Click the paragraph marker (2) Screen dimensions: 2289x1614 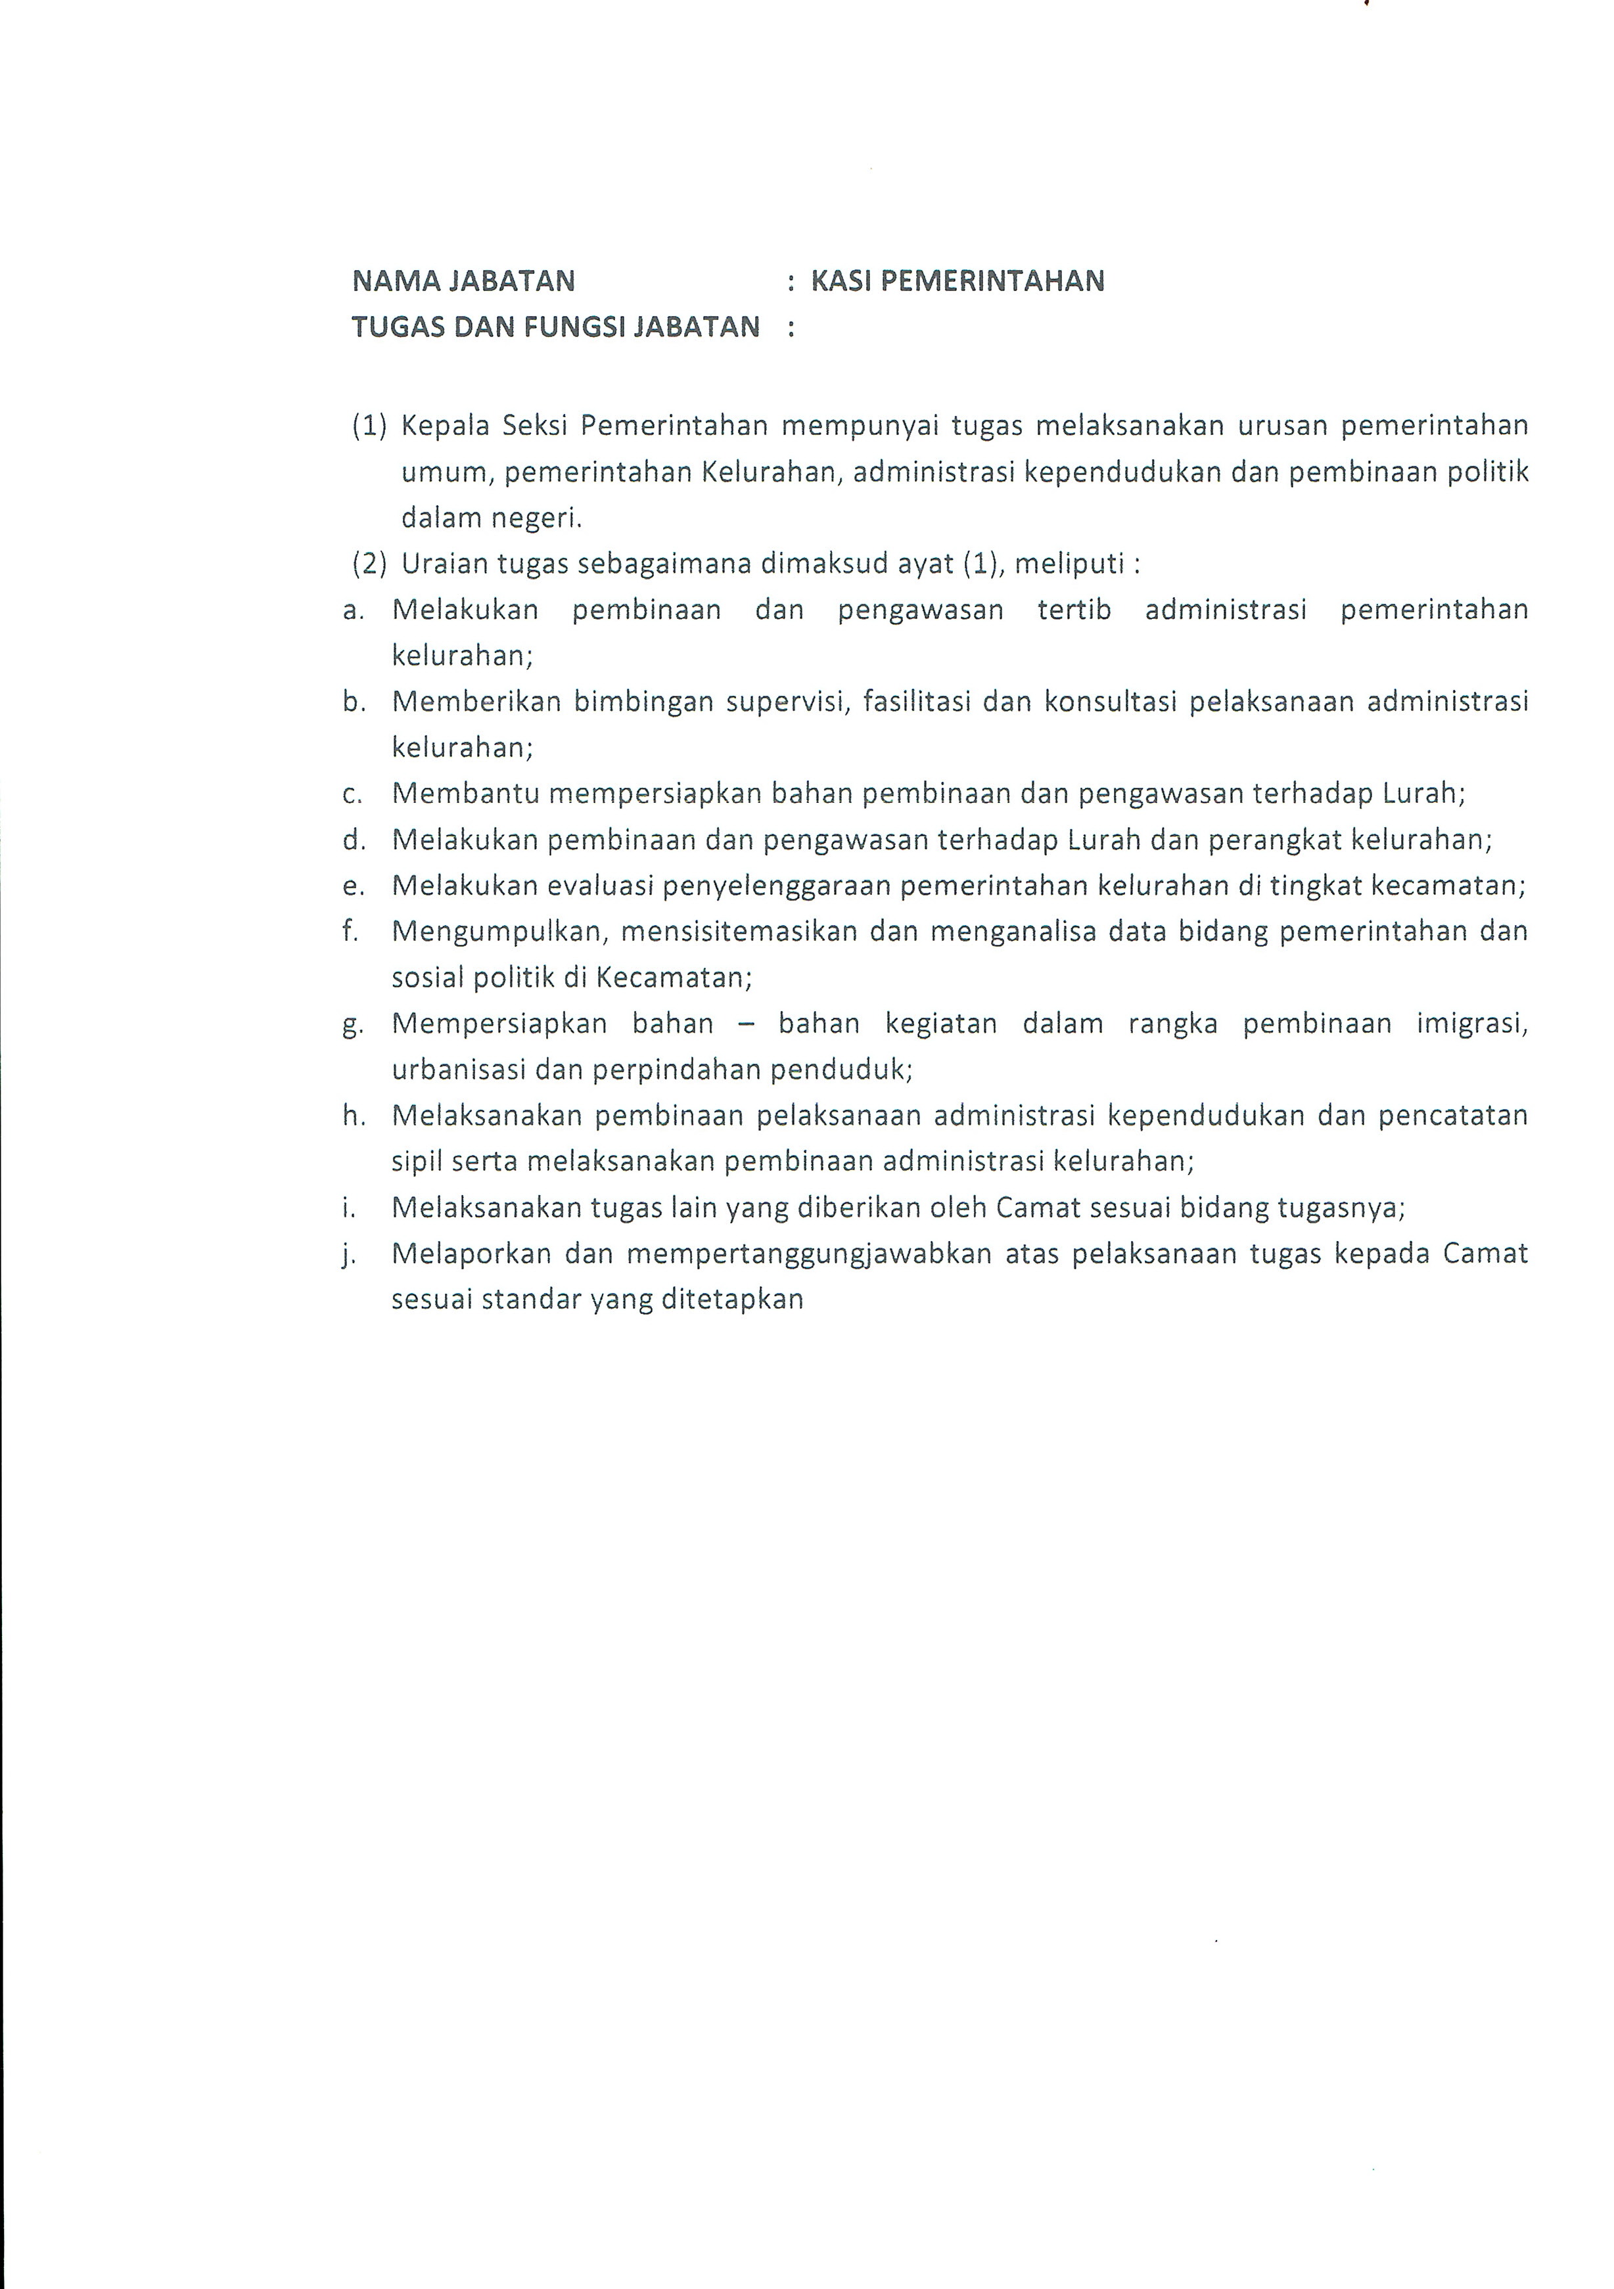(369, 564)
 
